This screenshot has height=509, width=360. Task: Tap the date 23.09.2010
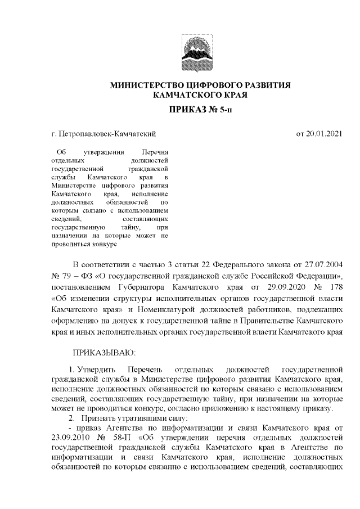(71, 436)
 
